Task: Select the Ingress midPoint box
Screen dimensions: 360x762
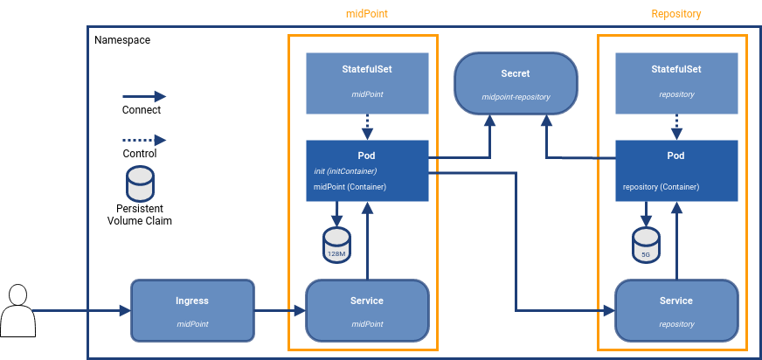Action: [192, 310]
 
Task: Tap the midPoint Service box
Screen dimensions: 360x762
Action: [367, 310]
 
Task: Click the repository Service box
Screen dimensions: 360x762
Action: [675, 310]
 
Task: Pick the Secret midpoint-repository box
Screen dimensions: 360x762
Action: [516, 84]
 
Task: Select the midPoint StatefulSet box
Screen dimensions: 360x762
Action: [367, 84]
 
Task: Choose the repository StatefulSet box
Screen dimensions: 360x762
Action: [675, 84]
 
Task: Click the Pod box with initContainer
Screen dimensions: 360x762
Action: [367, 170]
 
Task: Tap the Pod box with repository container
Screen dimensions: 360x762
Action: [675, 170]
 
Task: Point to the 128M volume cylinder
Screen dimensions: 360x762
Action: [336, 244]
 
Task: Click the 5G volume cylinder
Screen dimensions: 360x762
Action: [646, 244]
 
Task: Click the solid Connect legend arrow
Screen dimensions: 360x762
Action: [143, 96]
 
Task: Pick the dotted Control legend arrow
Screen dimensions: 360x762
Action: [143, 140]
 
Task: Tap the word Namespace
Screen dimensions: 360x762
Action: [121, 41]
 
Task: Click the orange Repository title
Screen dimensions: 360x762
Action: [675, 14]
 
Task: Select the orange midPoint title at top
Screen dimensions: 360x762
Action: [367, 14]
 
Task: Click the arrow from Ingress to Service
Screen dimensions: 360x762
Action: [280, 310]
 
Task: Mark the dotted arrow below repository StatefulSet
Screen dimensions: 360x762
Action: [676, 127]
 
